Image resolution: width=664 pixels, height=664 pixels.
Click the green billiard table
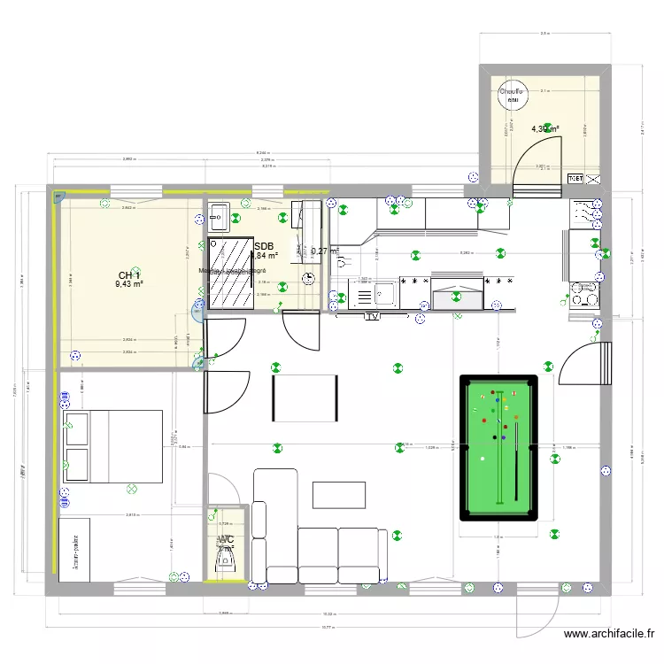[498, 448]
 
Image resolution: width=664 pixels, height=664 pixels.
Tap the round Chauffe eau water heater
[511, 94]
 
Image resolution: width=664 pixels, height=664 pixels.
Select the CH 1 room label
[129, 275]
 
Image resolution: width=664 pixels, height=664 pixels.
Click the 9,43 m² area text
[129, 285]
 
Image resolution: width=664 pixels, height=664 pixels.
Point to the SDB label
[264, 247]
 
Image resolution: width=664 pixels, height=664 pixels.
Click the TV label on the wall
[372, 315]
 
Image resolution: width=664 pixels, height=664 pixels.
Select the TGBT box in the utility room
[575, 178]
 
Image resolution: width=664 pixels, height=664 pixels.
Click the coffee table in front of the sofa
[338, 495]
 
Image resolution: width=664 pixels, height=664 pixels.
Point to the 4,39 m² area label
[545, 129]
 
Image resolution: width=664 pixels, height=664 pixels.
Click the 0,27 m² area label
[325, 251]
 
